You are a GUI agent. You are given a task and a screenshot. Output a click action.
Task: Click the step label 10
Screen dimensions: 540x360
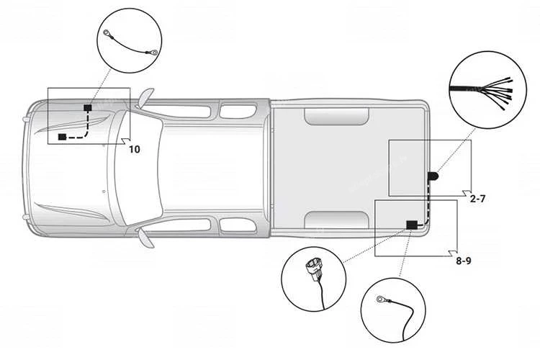[x=135, y=149]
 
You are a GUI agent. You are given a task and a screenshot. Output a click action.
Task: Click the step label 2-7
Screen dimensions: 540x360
[x=477, y=199]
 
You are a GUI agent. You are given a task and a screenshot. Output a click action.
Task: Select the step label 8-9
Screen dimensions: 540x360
[x=464, y=261]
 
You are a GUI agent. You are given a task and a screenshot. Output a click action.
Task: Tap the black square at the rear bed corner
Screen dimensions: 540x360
[x=412, y=225]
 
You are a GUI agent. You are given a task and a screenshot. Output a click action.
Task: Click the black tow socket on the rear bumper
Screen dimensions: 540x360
[x=433, y=176]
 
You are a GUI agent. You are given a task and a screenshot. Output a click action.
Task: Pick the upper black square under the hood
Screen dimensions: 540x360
[x=88, y=107]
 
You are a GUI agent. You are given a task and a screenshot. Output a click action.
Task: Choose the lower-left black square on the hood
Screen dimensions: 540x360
[x=62, y=137]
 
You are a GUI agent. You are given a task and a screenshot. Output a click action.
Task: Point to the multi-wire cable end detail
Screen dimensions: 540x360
[x=482, y=92]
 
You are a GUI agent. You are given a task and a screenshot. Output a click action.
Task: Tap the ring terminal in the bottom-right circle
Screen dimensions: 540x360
[x=381, y=300]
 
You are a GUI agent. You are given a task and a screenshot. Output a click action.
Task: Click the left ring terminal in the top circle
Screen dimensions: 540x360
[x=107, y=33]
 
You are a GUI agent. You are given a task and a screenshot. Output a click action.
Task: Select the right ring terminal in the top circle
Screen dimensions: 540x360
[x=154, y=53]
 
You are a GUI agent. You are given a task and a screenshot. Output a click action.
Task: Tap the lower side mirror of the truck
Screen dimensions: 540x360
[x=145, y=238]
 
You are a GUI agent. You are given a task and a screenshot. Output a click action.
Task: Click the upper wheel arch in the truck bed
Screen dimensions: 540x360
[x=336, y=117]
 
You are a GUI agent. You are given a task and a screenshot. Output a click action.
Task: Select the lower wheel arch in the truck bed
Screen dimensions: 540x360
[x=336, y=220]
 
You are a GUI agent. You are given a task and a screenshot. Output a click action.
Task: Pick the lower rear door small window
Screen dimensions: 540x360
[x=238, y=224]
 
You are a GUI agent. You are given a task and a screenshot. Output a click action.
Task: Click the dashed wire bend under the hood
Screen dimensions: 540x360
[x=86, y=135]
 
